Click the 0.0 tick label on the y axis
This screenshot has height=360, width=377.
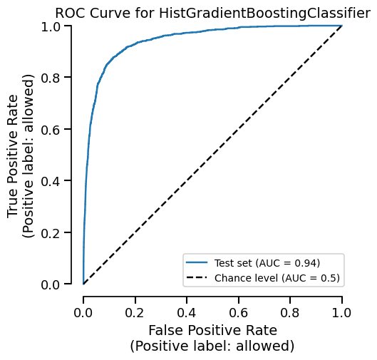click(51, 284)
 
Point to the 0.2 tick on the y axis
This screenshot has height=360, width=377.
click(51, 233)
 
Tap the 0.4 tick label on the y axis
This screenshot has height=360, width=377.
click(51, 181)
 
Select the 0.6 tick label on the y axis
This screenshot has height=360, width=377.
click(51, 129)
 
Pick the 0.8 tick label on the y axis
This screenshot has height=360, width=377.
click(51, 78)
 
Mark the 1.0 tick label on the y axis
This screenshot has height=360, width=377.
click(51, 26)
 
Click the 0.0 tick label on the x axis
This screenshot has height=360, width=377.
click(83, 312)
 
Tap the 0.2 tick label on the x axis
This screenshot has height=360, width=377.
click(135, 312)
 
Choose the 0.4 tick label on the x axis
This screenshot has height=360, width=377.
click(187, 312)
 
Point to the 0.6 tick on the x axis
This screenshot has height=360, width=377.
click(239, 312)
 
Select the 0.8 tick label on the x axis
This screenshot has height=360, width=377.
click(291, 312)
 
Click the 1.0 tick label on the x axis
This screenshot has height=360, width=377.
click(342, 312)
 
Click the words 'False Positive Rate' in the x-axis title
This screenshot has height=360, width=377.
click(212, 331)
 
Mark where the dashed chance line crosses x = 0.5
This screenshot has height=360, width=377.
click(213, 155)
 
